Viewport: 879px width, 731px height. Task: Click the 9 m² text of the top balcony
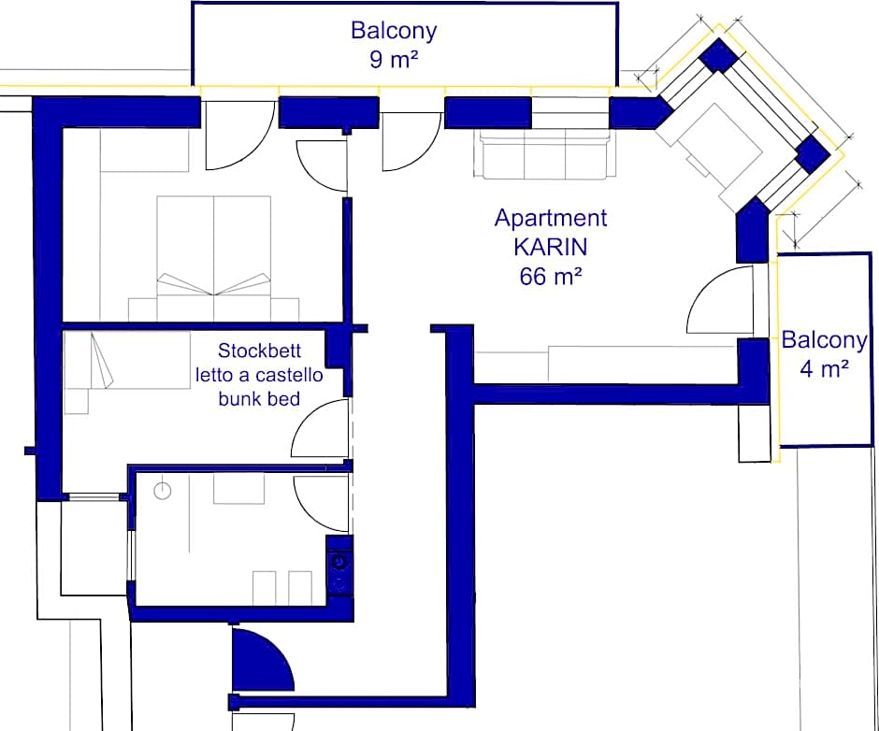(394, 62)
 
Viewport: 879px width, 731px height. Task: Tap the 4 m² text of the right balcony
(824, 368)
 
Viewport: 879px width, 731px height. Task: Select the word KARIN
(550, 248)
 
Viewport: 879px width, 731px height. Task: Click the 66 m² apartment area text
(550, 277)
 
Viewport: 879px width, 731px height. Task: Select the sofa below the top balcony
(543, 154)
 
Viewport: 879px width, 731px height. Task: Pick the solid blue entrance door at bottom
(258, 660)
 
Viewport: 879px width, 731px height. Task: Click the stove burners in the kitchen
(339, 571)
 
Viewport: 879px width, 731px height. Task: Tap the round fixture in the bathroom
(163, 490)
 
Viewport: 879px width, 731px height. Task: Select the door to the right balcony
(722, 301)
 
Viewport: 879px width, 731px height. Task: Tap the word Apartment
(550, 219)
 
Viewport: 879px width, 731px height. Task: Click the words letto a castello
(258, 376)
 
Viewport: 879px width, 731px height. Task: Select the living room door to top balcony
(409, 140)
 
